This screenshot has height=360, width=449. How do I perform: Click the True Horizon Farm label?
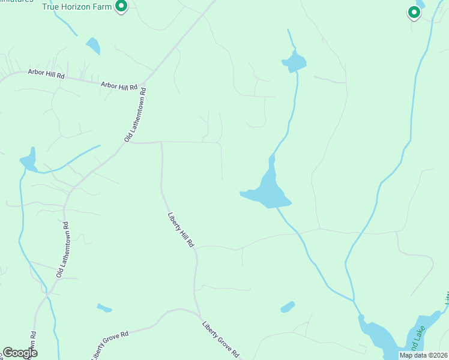77,7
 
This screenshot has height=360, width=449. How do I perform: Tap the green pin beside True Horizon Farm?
121,7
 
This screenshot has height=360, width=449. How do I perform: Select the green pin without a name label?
414,11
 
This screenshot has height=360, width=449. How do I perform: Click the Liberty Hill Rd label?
180,230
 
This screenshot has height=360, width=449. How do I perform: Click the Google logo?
20,353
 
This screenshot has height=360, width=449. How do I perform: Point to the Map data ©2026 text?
423,355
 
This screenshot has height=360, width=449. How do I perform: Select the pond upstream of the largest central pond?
294,61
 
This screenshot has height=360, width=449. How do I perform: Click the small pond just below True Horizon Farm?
93,46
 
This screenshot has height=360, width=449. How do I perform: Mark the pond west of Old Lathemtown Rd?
28,162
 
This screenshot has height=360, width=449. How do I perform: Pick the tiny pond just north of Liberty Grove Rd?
104,308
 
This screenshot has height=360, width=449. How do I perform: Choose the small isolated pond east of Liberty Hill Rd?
288,307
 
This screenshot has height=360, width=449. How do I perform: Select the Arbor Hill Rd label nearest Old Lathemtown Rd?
119,87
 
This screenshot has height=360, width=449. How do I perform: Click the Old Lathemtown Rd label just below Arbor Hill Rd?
136,115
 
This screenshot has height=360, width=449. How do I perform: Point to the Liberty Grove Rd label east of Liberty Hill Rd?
221,338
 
